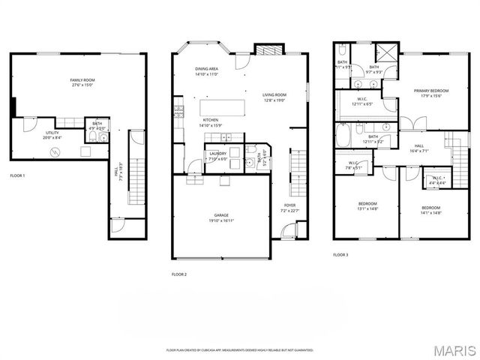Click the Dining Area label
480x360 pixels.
(x=206, y=71)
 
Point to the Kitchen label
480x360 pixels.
(x=210, y=123)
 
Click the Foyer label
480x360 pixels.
(x=289, y=208)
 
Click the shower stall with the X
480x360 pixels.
(x=388, y=55)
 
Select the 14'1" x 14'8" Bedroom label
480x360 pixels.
(x=430, y=210)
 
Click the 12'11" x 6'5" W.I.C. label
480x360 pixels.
(x=361, y=100)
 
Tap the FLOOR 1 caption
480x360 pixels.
(x=17, y=175)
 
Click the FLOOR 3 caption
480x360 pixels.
(x=340, y=255)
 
